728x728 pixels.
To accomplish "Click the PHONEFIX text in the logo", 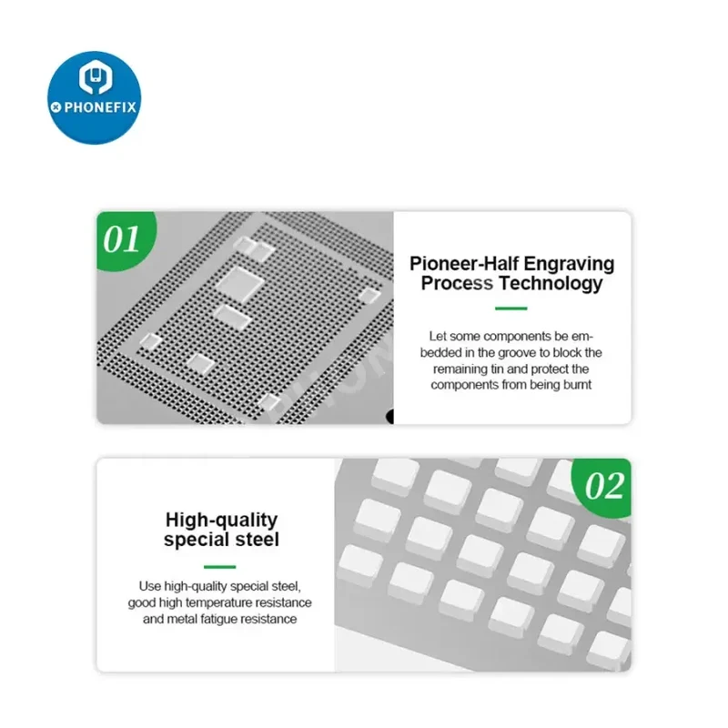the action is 100,107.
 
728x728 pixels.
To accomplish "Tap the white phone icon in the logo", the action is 96,76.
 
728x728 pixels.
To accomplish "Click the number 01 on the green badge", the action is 121,239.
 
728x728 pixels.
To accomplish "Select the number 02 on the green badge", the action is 604,486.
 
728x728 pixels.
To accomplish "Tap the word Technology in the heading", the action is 551,283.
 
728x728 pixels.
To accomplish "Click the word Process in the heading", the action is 457,283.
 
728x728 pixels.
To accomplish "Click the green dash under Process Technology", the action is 511,308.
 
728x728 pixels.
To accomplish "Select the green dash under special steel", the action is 219,566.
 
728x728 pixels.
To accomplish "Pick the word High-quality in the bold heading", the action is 221,521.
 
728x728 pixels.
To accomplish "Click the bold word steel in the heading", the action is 258,540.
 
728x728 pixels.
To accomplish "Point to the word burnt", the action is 577,385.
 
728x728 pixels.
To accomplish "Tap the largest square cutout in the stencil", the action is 240,284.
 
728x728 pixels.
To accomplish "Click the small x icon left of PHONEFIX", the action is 56,107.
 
